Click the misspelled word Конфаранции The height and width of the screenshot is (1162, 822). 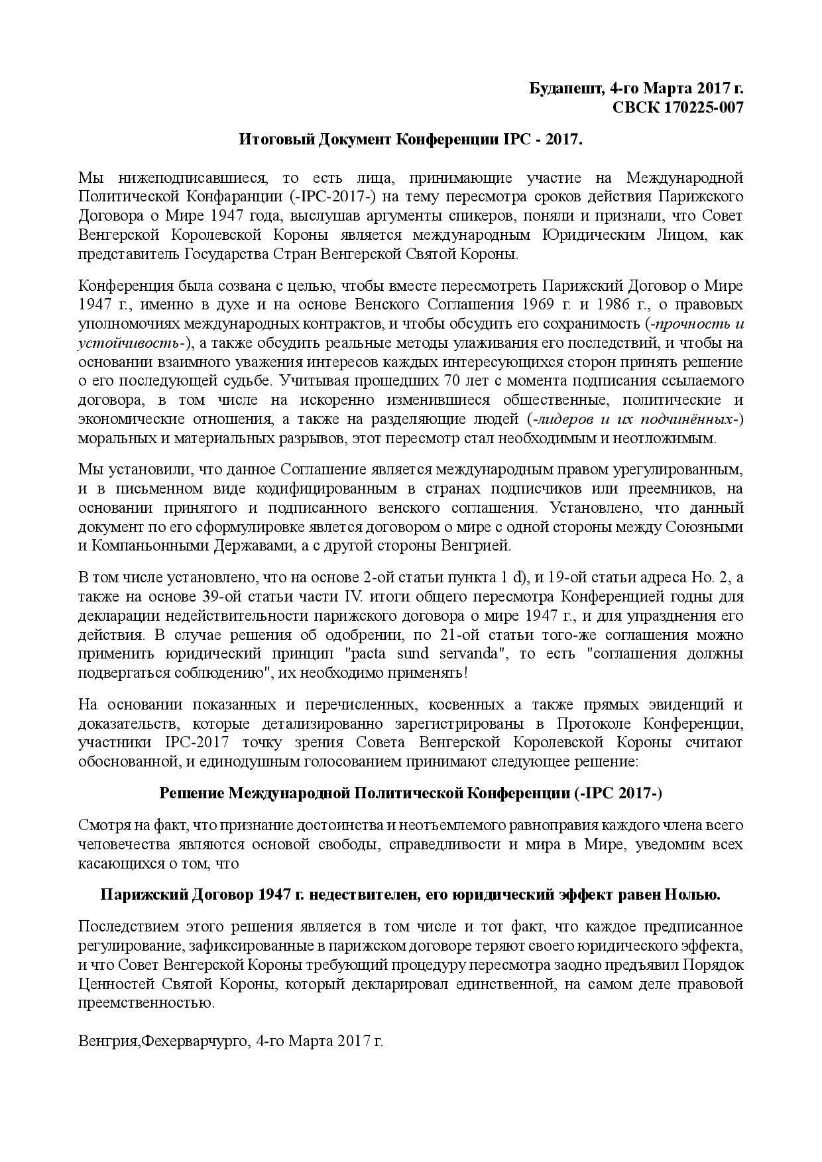pyautogui.click(x=237, y=197)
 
